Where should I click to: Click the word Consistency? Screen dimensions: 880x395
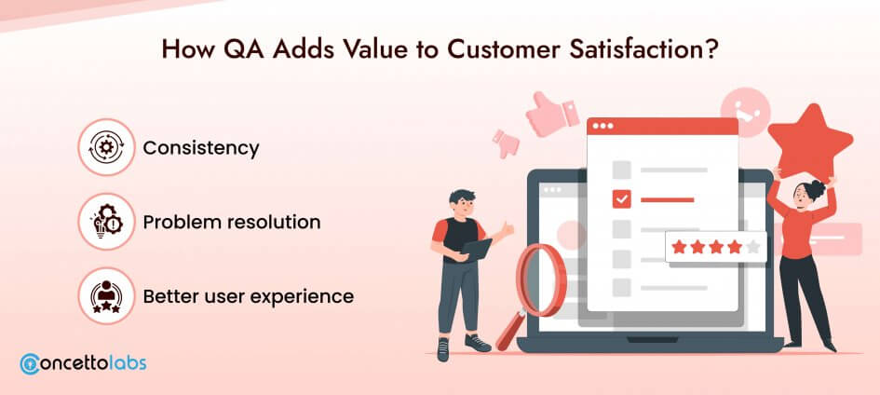pos(201,148)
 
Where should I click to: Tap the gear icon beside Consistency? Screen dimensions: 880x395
pos(106,147)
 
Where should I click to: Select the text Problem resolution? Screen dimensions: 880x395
pos(232,222)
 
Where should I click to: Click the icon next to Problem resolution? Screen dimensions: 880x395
pos(106,222)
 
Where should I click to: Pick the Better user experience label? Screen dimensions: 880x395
pos(248,295)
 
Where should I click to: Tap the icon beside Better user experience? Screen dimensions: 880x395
pos(106,295)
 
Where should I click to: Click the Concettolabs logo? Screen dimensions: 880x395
pos(83,363)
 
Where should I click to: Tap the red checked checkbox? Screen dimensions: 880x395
pos(621,198)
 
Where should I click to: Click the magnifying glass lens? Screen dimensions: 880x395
pos(542,280)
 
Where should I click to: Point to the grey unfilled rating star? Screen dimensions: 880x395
pos(753,247)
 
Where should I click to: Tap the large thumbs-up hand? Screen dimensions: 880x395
pos(551,114)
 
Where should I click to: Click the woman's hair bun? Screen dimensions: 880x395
pos(815,190)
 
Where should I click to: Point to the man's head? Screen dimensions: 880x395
pos(463,204)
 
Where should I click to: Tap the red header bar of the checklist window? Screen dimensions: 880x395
pos(662,127)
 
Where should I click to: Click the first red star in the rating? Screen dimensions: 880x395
pos(679,247)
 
